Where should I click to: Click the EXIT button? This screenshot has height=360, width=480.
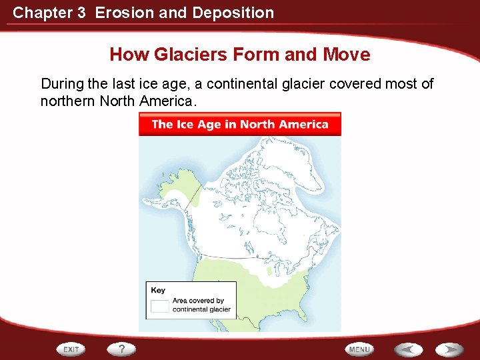point(71,349)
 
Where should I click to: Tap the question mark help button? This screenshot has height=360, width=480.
point(121,349)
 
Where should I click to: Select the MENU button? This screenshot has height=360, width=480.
point(359,349)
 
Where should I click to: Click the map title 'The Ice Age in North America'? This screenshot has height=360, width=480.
point(240,124)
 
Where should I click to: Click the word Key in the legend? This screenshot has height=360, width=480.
point(158,290)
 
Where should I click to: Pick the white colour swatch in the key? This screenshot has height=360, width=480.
point(160,305)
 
